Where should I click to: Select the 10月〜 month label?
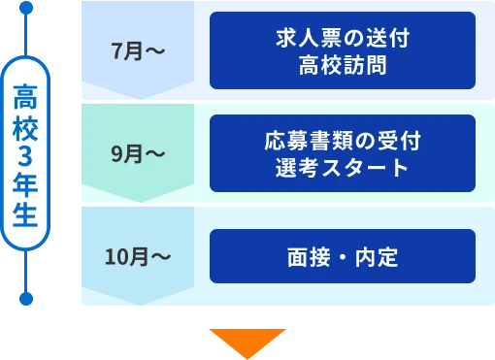138,257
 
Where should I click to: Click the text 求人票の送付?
342,40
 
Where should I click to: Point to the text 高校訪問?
342,65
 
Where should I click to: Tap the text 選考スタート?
342,168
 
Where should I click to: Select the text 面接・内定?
343,257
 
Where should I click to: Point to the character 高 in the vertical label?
26,96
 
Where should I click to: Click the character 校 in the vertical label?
26,126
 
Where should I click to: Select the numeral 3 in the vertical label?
26,155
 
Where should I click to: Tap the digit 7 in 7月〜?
117,51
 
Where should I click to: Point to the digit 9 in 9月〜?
117,153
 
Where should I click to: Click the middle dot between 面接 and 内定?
343,257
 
